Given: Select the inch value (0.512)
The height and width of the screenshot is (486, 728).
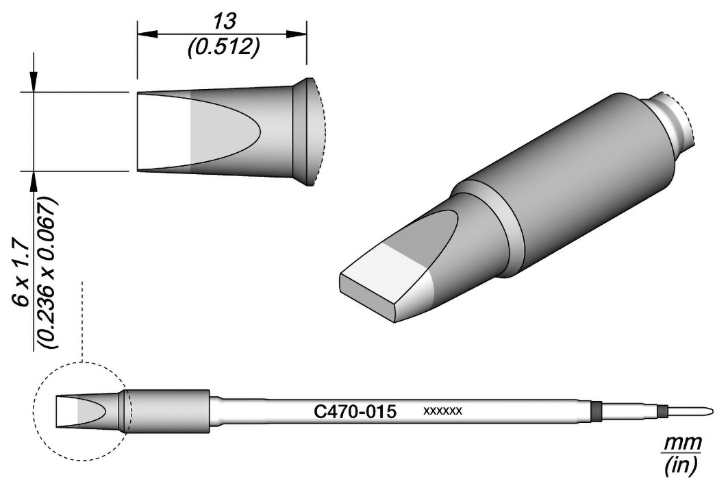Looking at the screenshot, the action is (223, 47).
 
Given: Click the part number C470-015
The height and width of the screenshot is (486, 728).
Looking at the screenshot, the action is (355, 412).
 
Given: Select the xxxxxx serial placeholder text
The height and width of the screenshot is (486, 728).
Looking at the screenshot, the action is (442, 411).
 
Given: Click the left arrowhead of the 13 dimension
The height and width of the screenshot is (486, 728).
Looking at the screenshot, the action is (148, 34).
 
